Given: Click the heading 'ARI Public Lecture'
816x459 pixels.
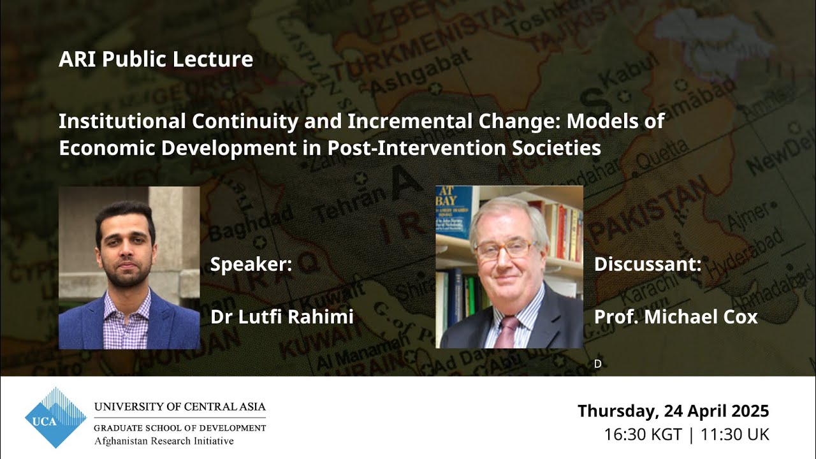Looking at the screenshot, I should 156,59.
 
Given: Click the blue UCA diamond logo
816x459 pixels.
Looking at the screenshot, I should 55,418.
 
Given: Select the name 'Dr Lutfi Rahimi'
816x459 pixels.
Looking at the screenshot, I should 282,316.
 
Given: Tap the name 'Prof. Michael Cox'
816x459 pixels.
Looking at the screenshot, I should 676,316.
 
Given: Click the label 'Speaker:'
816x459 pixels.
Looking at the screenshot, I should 251,264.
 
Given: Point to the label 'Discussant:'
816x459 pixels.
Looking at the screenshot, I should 647,264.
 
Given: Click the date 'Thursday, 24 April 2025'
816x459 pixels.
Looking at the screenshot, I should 673,411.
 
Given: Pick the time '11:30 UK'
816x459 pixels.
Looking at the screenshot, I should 734,435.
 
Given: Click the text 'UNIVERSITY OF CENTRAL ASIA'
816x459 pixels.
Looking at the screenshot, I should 180,407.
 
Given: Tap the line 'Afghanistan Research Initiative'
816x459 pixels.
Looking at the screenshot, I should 164,441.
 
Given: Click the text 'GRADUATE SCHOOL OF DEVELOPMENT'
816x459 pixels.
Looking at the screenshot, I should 180,428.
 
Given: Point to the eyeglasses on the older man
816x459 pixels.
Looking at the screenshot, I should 504,249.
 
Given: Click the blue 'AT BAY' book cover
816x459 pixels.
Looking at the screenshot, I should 454,210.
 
